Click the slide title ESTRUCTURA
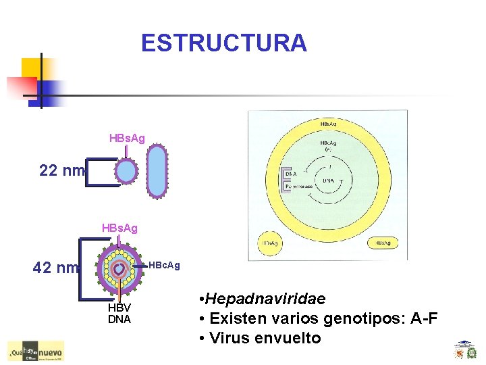coord(223,43)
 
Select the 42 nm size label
coord(56,268)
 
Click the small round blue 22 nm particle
coord(127,172)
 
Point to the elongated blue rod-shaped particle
coord(157,171)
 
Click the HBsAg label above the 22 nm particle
coord(127,138)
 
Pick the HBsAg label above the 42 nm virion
coord(119,228)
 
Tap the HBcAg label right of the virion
coord(164,265)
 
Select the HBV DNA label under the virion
coord(119,314)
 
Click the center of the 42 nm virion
coord(119,268)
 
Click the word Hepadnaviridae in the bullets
coord(265,299)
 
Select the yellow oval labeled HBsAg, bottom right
coord(383,243)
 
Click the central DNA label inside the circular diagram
coord(329,181)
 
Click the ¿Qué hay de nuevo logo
coord(35,351)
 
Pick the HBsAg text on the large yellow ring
coord(329,124)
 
